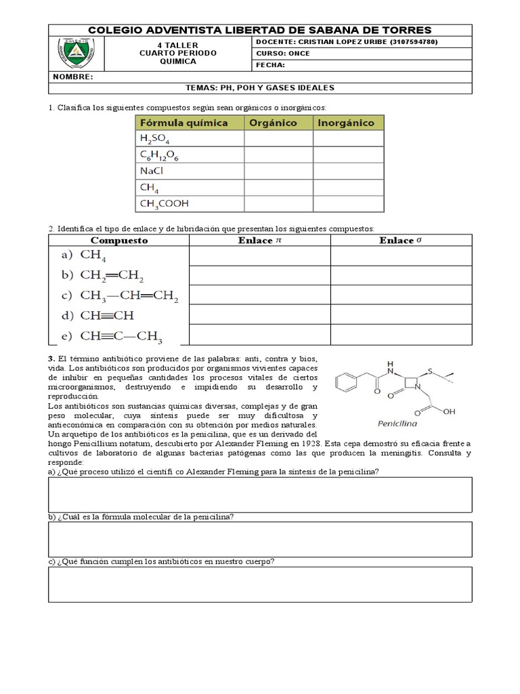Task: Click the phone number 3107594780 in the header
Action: (x=410, y=42)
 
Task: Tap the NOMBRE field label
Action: (x=72, y=77)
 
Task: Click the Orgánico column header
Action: (x=274, y=123)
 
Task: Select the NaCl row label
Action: (x=152, y=171)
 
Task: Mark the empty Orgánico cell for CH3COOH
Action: (x=278, y=203)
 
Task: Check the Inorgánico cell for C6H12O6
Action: (x=348, y=155)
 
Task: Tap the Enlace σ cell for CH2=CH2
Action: (x=400, y=276)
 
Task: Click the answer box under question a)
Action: (x=260, y=494)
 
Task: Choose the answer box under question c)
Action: (x=260, y=584)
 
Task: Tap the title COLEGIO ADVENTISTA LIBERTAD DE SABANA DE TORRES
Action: (x=260, y=30)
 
